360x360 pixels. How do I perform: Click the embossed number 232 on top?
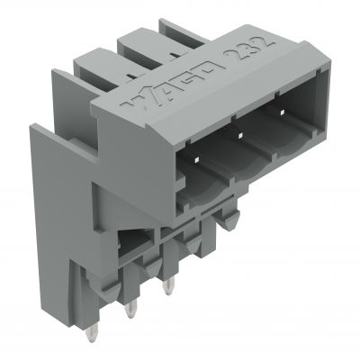click(x=250, y=48)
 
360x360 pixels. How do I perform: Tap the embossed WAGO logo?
click(x=172, y=85)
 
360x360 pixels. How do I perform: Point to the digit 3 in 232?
click(x=250, y=48)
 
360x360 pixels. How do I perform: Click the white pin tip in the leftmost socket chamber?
click(x=197, y=160)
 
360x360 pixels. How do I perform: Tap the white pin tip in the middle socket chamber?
click(x=239, y=136)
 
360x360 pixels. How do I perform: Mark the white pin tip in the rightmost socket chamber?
click(x=282, y=112)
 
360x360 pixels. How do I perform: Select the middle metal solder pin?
click(x=130, y=309)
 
